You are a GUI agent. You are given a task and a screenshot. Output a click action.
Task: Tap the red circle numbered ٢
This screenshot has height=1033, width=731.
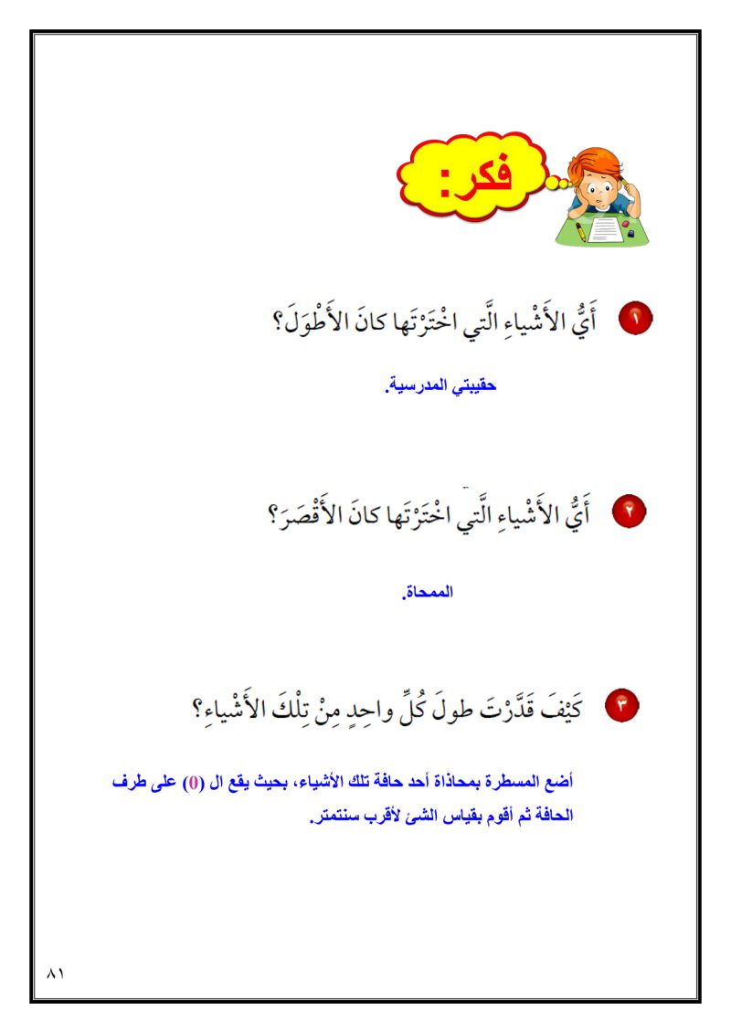click(x=630, y=512)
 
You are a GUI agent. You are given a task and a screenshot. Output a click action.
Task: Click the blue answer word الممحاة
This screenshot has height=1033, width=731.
click(x=429, y=592)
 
